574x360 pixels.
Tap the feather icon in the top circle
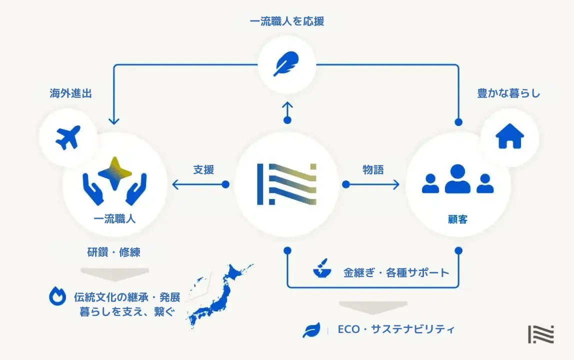[287, 65]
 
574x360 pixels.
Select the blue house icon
[509, 136]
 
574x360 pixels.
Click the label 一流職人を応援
[287, 21]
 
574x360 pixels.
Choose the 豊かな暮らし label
[508, 93]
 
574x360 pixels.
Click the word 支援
[203, 169]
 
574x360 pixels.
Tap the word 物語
[373, 169]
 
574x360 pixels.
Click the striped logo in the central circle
[287, 183]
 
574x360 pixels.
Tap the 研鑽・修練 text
[114, 252]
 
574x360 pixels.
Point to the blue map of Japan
[220, 297]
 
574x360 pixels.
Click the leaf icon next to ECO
[311, 330]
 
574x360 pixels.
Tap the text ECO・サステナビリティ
[396, 329]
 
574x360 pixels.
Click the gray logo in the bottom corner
[540, 334]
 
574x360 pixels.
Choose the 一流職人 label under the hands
[114, 219]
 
